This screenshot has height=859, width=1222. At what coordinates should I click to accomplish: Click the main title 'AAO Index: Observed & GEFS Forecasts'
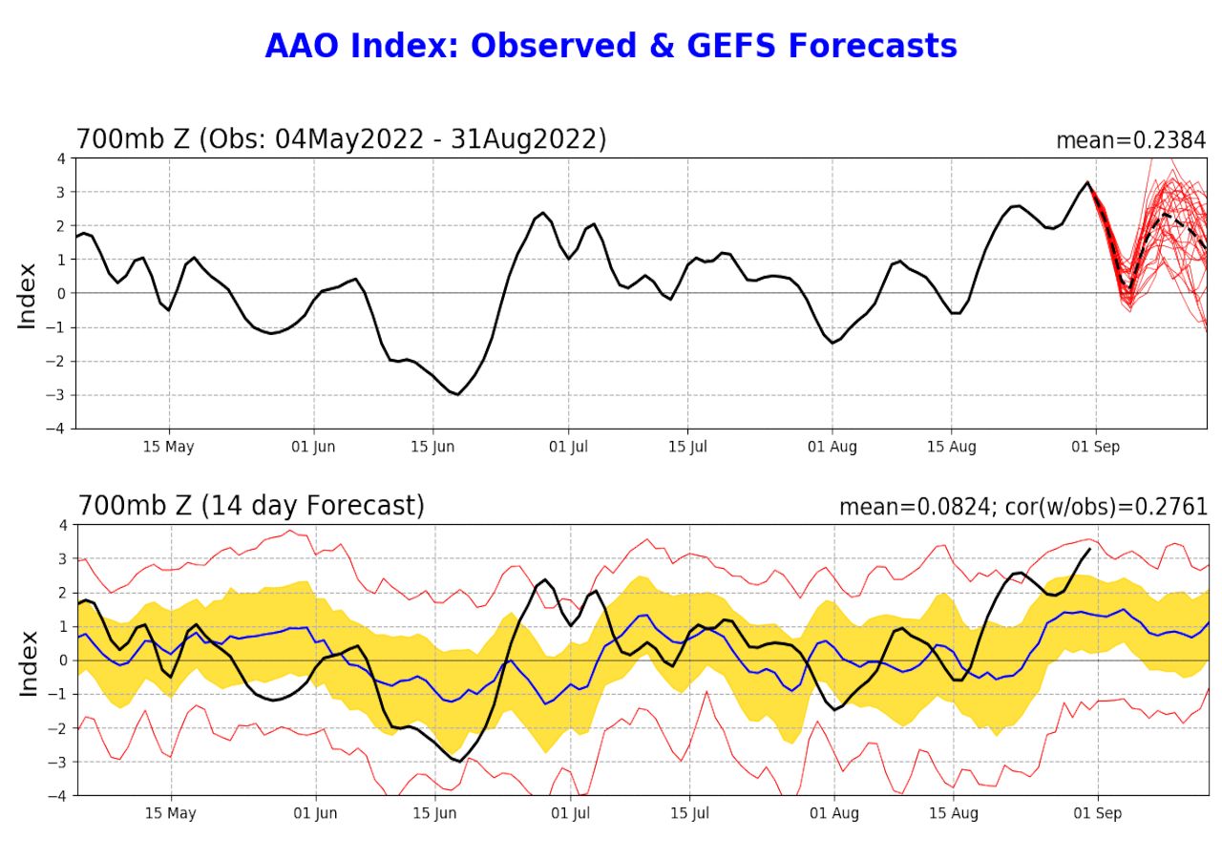[611, 46]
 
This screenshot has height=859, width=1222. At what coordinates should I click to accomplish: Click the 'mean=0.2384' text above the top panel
[1130, 140]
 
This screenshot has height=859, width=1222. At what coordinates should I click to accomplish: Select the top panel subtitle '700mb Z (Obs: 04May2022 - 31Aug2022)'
[341, 139]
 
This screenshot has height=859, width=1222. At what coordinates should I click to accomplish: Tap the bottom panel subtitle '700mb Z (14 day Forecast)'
[251, 505]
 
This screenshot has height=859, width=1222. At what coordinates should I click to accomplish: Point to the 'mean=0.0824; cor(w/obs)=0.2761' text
[1022, 507]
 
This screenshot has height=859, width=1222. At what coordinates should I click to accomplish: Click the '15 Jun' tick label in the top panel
[432, 447]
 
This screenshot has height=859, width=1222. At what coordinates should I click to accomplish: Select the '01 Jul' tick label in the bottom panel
[571, 813]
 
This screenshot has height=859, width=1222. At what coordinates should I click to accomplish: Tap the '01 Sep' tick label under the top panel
[1095, 447]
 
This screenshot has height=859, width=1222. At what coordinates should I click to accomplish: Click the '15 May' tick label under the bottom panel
[170, 813]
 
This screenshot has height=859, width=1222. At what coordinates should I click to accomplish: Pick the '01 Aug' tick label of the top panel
[832, 447]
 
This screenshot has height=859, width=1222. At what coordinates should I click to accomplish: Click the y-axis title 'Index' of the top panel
[27, 295]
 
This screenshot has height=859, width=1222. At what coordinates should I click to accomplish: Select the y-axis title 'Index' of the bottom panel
[27, 661]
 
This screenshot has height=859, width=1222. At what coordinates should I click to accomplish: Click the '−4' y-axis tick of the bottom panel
[57, 795]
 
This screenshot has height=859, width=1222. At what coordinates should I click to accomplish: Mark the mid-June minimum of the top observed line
[458, 394]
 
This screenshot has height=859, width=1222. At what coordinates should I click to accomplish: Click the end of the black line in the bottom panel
[1089, 549]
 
